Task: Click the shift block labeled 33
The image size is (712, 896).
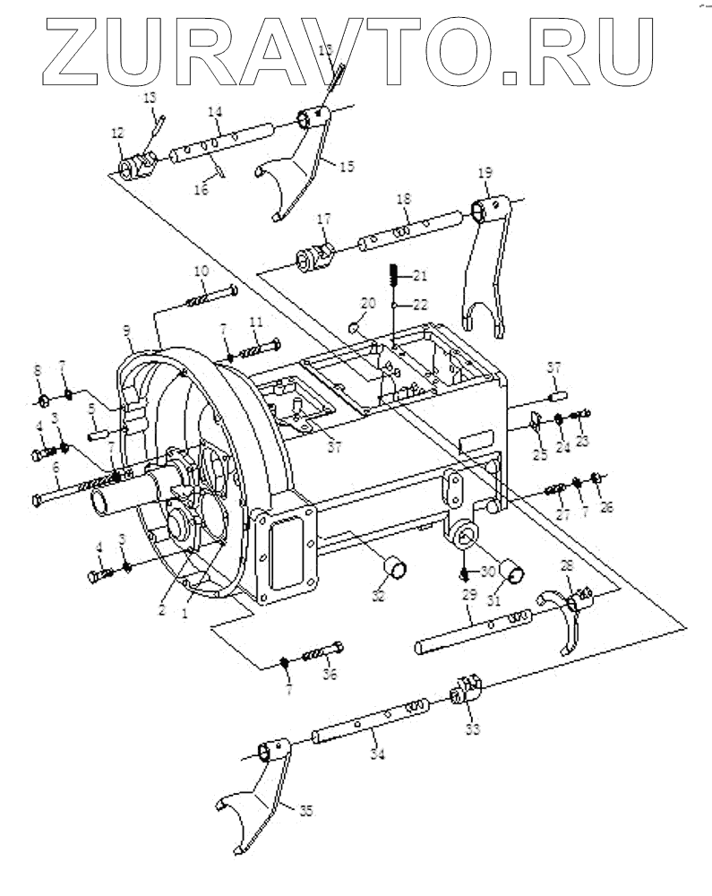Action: (x=464, y=691)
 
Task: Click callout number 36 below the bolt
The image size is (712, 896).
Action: (x=330, y=675)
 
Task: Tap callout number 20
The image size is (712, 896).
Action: (x=367, y=303)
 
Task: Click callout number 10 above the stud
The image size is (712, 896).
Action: (x=202, y=270)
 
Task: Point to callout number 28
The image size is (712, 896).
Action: (x=565, y=564)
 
